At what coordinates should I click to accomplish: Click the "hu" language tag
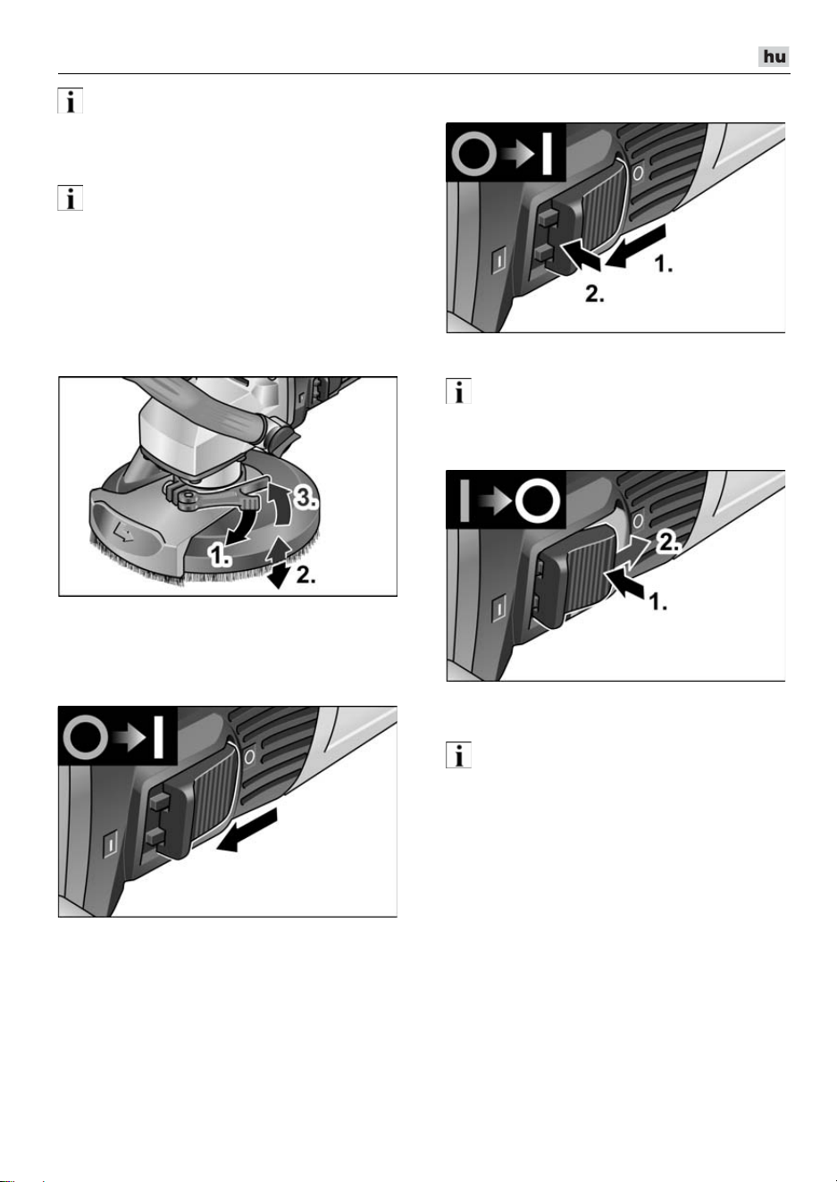(x=774, y=56)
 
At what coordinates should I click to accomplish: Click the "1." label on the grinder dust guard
(x=219, y=557)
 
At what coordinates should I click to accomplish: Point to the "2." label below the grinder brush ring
(x=306, y=575)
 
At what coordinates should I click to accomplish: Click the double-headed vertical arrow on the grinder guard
(x=278, y=564)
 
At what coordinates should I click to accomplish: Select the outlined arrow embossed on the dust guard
(x=122, y=535)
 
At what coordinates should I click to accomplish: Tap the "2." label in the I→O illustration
(x=667, y=542)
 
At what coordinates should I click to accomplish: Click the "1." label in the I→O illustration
(x=657, y=601)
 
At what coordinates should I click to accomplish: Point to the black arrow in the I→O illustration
(x=626, y=586)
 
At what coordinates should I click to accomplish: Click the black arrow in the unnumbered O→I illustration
(x=247, y=831)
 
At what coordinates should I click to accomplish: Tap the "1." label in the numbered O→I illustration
(x=664, y=264)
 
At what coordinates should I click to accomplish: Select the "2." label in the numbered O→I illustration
(x=595, y=294)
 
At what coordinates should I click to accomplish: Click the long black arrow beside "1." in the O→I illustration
(x=636, y=246)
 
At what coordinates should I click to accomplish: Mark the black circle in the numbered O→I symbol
(x=475, y=156)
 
